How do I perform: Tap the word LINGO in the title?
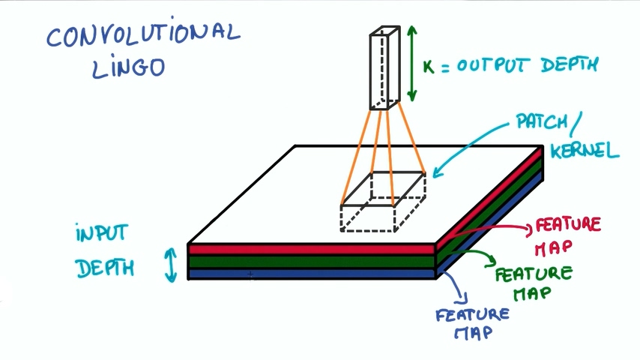pyautogui.click(x=127, y=68)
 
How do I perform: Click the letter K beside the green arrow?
pyautogui.click(x=429, y=67)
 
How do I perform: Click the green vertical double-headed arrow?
pyautogui.click(x=411, y=63)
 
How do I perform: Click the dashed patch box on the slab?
pyautogui.click(x=382, y=201)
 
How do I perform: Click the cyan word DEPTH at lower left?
pyautogui.click(x=104, y=266)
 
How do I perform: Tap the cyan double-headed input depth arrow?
pyautogui.click(x=172, y=265)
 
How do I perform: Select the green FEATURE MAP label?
pyautogui.click(x=533, y=282)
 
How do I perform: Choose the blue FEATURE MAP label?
pyautogui.click(x=472, y=322)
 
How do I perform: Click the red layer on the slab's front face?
pyautogui.click(x=311, y=249)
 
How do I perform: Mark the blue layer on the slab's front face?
pyautogui.click(x=311, y=274)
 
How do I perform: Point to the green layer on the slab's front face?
pyautogui.click(x=311, y=261)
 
